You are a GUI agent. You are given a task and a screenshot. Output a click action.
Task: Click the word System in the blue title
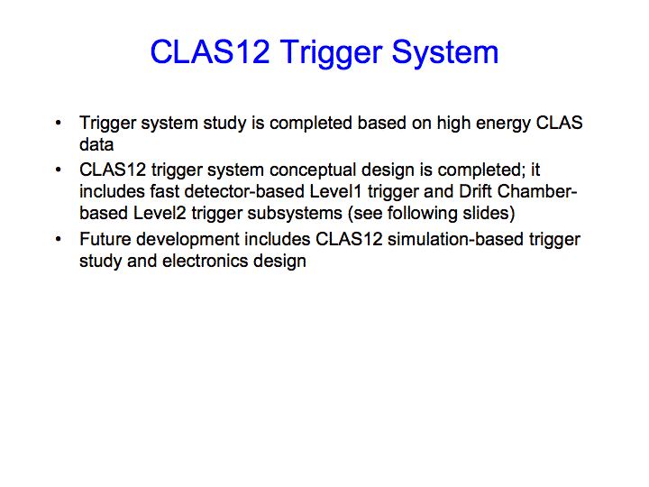click(x=445, y=54)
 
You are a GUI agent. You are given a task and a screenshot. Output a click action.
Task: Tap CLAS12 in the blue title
click(x=210, y=51)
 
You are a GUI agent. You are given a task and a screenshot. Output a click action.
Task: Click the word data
click(x=96, y=144)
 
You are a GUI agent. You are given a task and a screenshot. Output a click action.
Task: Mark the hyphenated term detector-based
click(x=244, y=191)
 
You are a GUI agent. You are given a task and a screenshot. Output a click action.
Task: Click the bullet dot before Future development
click(x=59, y=239)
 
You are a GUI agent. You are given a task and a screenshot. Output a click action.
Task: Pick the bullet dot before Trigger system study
click(x=59, y=123)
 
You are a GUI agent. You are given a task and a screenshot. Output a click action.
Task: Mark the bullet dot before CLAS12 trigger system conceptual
click(x=59, y=170)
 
